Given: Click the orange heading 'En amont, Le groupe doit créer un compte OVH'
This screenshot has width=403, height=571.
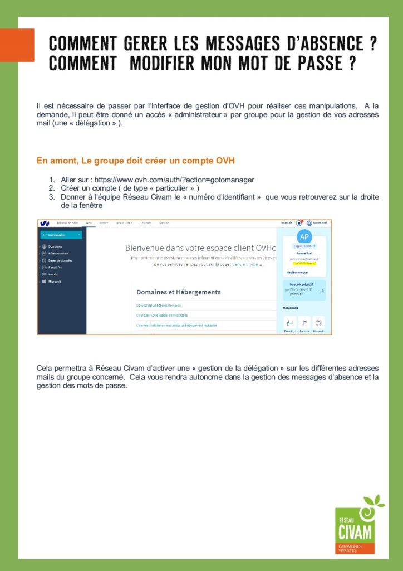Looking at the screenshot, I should (x=135, y=161).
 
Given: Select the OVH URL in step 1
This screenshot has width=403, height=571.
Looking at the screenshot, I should (x=174, y=180).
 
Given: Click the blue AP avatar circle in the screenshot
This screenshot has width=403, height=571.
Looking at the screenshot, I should (x=304, y=236).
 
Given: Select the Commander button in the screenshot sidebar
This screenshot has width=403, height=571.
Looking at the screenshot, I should (x=61, y=235).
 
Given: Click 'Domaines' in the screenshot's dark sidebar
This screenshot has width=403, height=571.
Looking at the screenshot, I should (x=55, y=246).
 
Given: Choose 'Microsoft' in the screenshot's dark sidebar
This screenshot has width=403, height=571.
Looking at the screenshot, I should (x=55, y=282).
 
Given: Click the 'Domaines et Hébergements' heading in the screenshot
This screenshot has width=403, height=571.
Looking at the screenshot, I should (x=178, y=292).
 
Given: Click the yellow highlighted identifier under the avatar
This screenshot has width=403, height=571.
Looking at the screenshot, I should (x=304, y=263).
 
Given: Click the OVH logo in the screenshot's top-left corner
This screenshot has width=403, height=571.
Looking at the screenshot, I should (x=45, y=223).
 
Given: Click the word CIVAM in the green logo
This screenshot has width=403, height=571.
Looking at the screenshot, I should (x=355, y=526).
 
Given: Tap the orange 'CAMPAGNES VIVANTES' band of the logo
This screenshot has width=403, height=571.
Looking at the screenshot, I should (x=355, y=548).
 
